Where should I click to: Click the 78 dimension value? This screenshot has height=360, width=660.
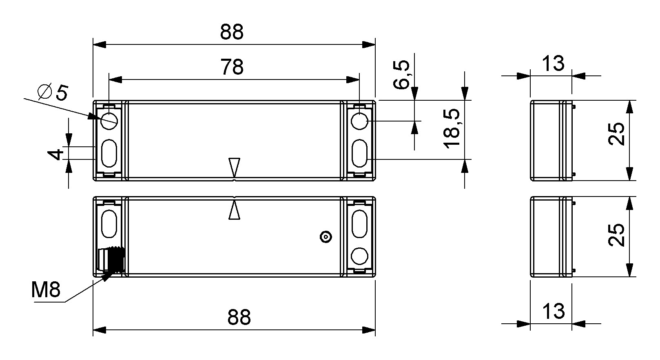point(232,67)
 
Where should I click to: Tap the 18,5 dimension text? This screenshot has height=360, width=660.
point(452,128)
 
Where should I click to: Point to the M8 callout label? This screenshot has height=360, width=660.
point(46,289)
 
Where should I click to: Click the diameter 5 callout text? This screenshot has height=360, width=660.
point(53,92)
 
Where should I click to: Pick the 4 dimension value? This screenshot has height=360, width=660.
point(56,154)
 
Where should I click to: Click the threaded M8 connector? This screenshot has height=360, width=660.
point(111,259)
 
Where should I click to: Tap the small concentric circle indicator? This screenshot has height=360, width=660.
point(326,237)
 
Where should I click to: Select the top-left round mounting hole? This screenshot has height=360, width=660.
point(109,121)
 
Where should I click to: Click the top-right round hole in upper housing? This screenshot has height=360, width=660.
point(360,121)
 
